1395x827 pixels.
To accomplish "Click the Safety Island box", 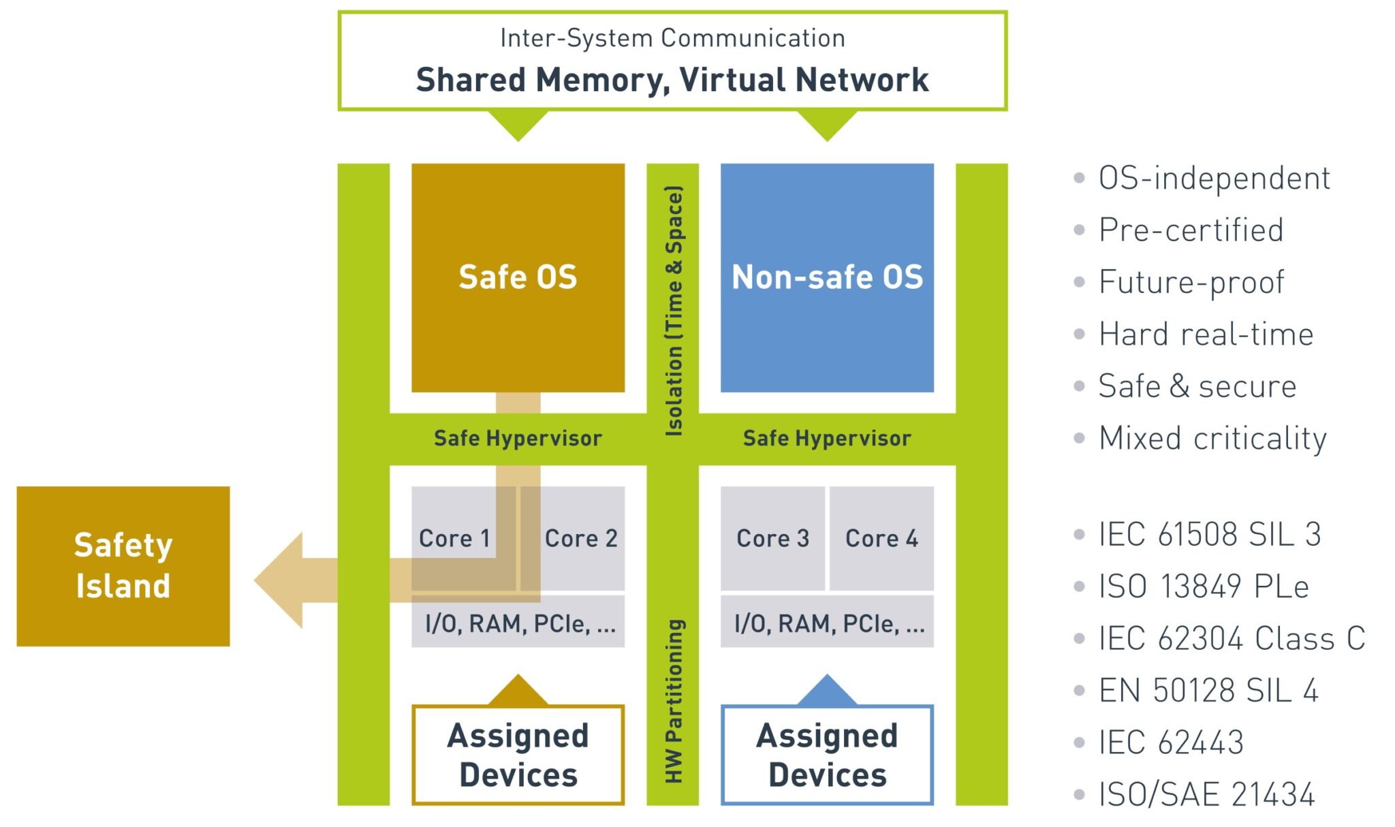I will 123,566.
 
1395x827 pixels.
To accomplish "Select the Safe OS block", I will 518,277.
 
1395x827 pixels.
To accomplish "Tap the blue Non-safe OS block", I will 827,277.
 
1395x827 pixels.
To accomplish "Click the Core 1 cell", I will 454,538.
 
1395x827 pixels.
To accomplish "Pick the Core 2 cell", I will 581,538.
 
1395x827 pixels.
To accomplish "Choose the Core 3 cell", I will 772,538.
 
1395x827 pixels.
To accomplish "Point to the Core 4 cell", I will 881,538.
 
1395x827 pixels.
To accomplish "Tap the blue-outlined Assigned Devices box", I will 827,755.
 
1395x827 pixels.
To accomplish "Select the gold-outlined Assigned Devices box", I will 518,755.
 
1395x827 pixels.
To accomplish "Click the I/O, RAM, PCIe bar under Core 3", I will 827,623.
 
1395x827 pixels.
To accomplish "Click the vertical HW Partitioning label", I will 673,701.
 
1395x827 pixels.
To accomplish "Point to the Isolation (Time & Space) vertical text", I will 673,310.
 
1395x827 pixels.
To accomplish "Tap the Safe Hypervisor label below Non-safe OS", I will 827,438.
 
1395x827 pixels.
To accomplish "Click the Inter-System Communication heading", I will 672,38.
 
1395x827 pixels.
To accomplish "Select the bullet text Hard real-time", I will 1205,334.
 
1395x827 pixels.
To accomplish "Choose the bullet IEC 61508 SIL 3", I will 1209,534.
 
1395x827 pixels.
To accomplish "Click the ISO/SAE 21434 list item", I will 1206,794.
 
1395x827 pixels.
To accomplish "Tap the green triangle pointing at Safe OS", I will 518,125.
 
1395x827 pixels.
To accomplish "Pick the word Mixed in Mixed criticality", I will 1140,438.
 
